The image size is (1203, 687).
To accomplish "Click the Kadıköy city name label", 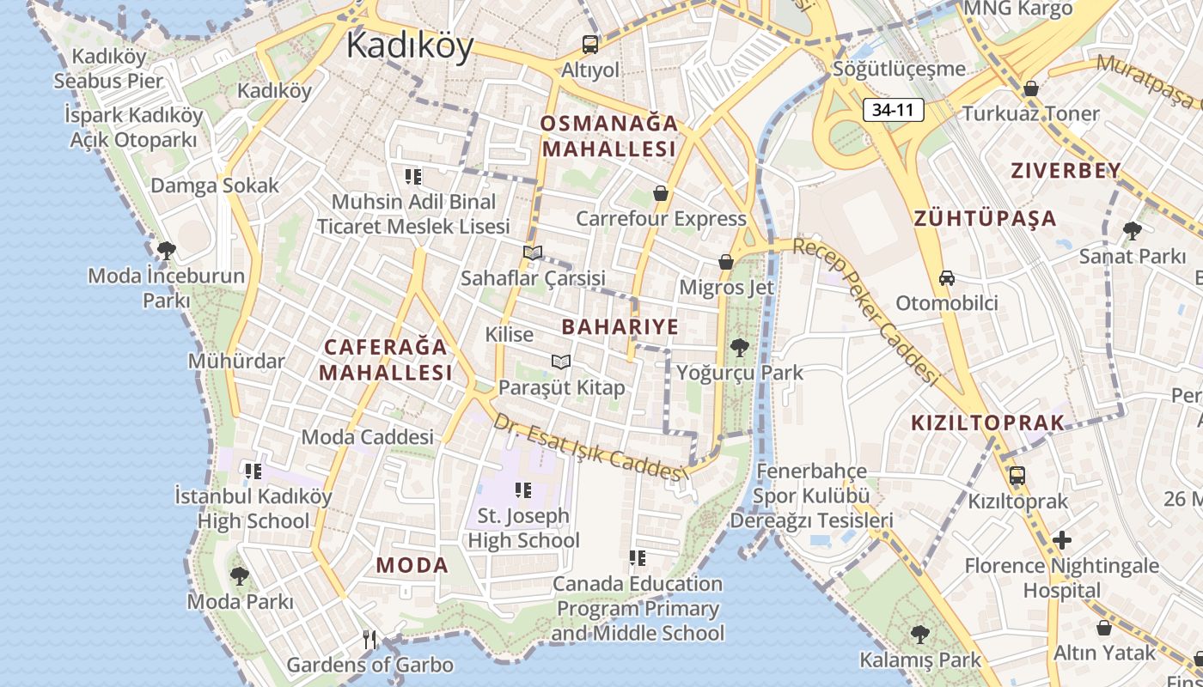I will (x=410, y=45).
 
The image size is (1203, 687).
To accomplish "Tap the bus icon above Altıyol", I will (x=590, y=44).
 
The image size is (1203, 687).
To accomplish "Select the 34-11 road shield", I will (x=894, y=110).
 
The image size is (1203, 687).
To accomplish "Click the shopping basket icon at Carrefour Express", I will (x=661, y=193).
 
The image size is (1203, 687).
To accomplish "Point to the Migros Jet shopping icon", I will (x=726, y=262).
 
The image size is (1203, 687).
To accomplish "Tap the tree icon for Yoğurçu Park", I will (x=739, y=348).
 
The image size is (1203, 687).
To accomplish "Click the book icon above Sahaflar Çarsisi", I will (x=533, y=252).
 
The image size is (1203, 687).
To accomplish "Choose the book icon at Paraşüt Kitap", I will (x=561, y=362).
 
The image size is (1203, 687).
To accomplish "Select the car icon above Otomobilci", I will (x=946, y=278).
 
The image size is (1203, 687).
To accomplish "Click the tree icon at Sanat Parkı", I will (x=1132, y=230).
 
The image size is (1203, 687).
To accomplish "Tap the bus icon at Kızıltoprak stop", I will (x=1017, y=475).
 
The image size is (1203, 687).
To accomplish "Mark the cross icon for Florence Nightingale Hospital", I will (x=1062, y=540).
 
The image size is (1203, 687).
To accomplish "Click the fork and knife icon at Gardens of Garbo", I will (x=370, y=639).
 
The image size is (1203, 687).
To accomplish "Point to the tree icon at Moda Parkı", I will (x=240, y=575).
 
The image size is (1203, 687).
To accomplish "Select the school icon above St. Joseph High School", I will (x=522, y=490).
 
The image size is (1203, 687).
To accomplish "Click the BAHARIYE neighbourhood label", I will (x=620, y=326).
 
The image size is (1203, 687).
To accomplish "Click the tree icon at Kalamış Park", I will (x=920, y=635).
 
